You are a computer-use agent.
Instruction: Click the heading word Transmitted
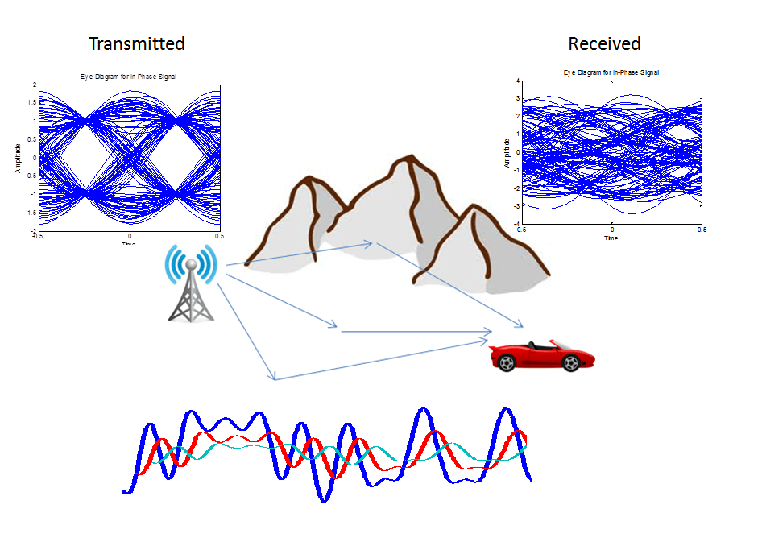pos(136,43)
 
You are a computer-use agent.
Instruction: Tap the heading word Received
pos(604,43)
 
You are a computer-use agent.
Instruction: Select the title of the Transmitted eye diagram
pos(128,77)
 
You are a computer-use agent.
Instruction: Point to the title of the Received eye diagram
pos(611,72)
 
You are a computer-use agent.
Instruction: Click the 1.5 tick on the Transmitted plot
pos(31,102)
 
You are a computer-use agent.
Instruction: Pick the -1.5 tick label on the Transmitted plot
pos(30,213)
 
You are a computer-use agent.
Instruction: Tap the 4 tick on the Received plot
pos(518,81)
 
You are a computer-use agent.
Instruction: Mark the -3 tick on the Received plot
pos(516,205)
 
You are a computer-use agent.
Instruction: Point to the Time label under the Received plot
pos(611,238)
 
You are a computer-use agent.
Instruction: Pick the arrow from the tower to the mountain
pos(298,253)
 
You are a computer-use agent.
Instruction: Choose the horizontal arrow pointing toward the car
pos(416,331)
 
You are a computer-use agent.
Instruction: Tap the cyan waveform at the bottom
pos(242,444)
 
